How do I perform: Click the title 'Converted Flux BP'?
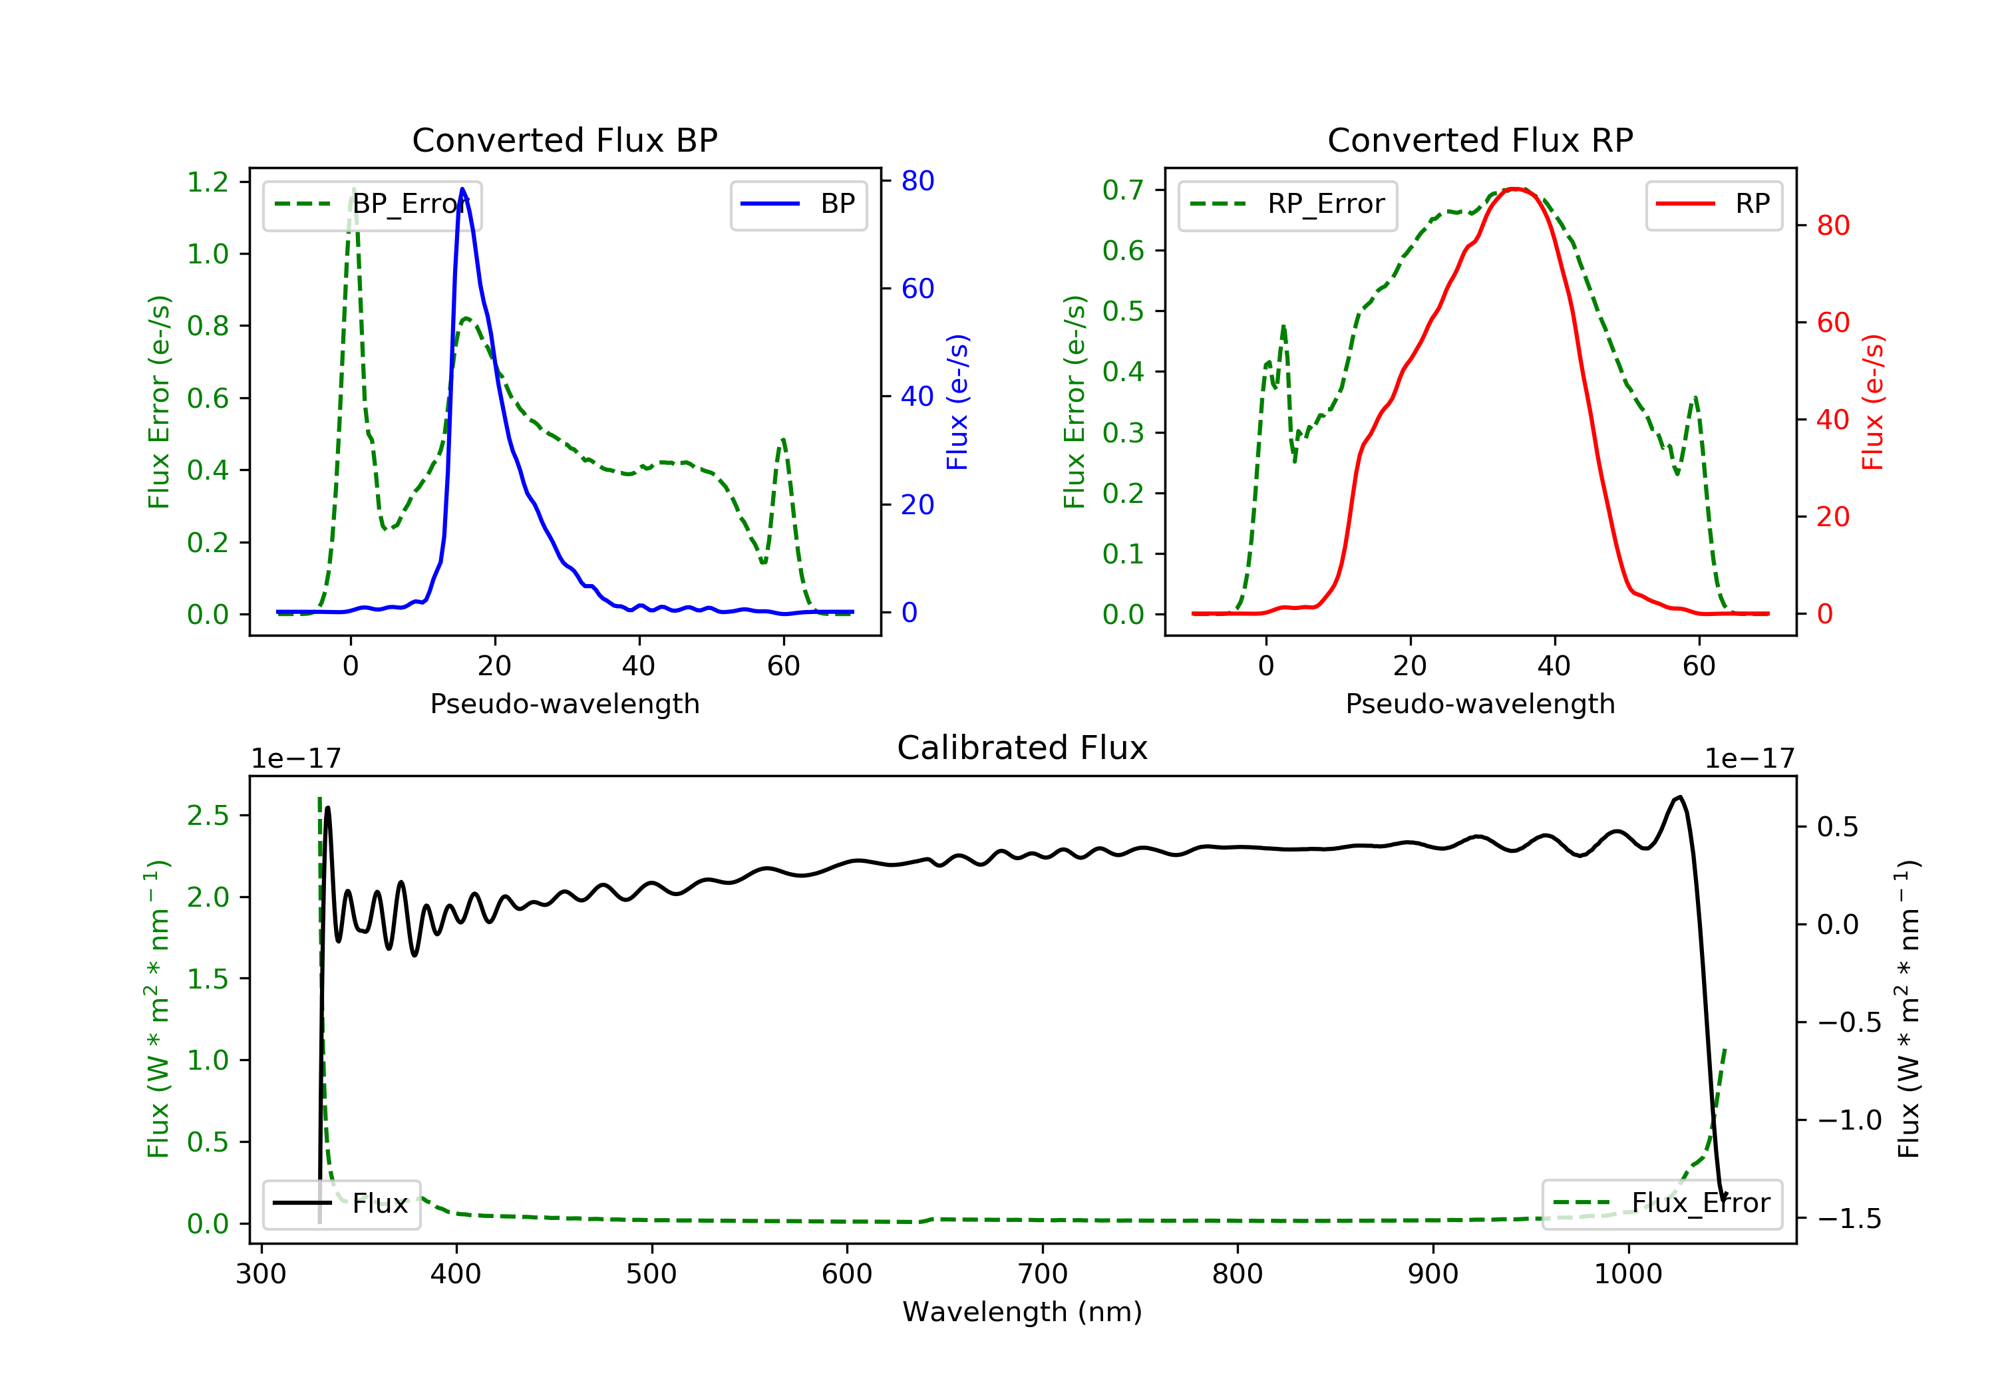pos(564,140)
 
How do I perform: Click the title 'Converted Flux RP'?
pos(1480,140)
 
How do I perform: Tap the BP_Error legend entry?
pos(372,204)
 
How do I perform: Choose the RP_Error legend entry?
pos(1287,204)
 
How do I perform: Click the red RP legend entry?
pos(1713,204)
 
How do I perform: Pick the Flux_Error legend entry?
pos(1661,1203)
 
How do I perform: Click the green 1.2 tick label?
pos(208,182)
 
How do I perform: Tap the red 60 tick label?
pos(1832,323)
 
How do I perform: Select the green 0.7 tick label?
pos(1123,190)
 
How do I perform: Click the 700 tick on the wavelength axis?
pos(1043,1275)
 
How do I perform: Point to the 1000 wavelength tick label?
pos(1627,1275)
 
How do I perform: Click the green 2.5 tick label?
pos(208,816)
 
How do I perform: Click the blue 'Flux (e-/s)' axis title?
pos(957,402)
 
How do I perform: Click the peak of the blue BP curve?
pos(462,189)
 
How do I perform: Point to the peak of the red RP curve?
pos(1514,189)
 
